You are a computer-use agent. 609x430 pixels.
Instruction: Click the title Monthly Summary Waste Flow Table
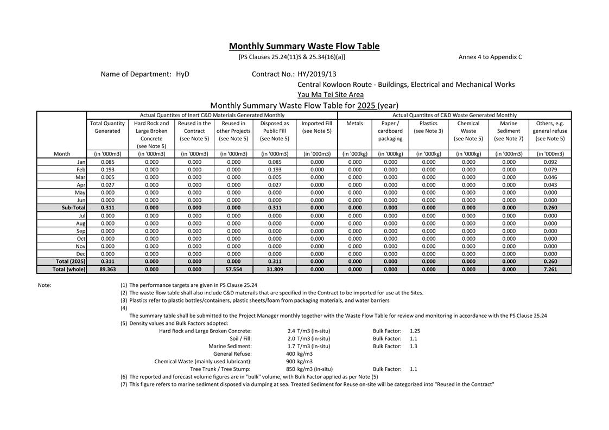[304, 46]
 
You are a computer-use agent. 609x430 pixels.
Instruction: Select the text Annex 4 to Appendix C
[490, 56]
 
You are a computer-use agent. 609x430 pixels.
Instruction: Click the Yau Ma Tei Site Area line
[331, 94]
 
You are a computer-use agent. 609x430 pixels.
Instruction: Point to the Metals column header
[354, 123]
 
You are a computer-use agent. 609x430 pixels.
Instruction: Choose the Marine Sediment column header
[509, 131]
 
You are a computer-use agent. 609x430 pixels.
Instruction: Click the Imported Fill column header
[317, 127]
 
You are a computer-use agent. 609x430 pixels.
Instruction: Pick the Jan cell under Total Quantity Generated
[107, 162]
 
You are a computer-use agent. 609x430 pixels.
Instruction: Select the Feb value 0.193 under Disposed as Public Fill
[274, 169]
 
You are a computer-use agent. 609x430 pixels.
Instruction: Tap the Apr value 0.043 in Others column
[550, 184]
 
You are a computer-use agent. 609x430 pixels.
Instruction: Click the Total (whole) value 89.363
[107, 269]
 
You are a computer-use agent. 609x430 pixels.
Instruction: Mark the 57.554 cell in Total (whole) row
[233, 269]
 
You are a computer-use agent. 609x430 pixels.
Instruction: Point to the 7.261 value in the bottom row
[550, 269]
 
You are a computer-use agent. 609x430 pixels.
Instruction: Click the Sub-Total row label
[73, 207]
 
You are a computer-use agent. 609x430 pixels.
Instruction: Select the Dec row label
[81, 254]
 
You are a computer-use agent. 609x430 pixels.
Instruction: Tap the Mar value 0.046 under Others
[550, 177]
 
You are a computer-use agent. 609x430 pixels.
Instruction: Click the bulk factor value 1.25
[415, 331]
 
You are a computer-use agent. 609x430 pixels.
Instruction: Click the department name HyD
[182, 74]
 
